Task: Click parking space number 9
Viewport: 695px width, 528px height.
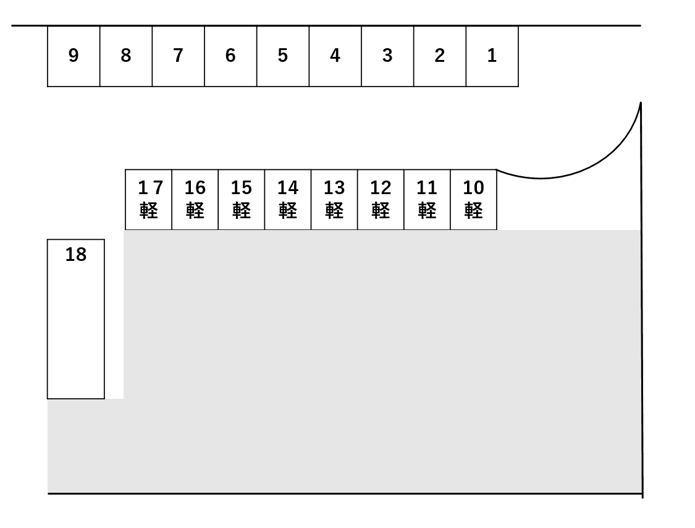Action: click(x=74, y=56)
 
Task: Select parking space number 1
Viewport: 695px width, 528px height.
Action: click(x=492, y=56)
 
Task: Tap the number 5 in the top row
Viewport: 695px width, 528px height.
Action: click(x=282, y=56)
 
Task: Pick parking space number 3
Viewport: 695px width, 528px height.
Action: click(x=387, y=56)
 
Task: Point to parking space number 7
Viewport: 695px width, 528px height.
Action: click(x=178, y=56)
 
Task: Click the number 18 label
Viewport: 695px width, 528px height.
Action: click(x=76, y=255)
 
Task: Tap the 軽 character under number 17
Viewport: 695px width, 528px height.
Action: click(x=149, y=211)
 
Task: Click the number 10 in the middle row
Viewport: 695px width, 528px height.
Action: click(x=473, y=187)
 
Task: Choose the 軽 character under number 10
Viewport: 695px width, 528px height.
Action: click(x=473, y=211)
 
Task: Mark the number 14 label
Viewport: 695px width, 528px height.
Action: click(x=288, y=187)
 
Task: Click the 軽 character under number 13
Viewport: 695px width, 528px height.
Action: click(x=334, y=211)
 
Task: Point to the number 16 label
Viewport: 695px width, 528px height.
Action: click(x=195, y=187)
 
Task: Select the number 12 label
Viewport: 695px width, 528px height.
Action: click(x=381, y=187)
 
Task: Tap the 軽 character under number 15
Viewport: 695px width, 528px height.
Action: click(x=242, y=211)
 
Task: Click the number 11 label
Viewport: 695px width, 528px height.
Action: click(x=427, y=187)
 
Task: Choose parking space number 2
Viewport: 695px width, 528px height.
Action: click(x=439, y=56)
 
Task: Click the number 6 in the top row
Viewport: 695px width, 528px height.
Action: click(x=230, y=56)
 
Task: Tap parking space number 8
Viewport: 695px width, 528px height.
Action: click(x=126, y=56)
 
